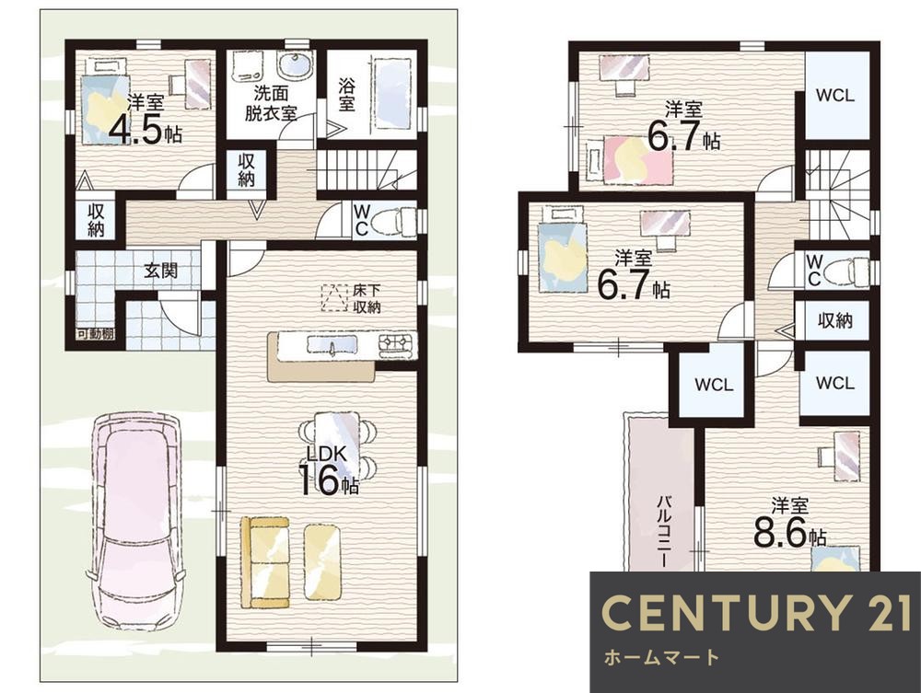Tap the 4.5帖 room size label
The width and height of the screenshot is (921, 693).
146,130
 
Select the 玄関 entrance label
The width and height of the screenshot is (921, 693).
161,271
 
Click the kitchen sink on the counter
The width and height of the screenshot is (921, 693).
331,346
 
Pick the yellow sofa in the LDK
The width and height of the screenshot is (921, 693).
265,562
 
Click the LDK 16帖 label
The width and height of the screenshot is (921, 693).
329,470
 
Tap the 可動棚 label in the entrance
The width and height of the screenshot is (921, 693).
95,334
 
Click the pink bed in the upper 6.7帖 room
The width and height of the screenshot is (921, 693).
628,158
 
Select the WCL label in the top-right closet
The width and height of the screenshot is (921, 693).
834,95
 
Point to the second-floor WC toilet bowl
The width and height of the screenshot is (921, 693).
846,272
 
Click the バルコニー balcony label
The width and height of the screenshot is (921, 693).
664,530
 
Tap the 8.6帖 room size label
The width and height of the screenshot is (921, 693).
790,524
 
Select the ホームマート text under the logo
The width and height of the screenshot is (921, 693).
661,656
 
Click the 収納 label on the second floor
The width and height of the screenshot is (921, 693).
834,320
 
